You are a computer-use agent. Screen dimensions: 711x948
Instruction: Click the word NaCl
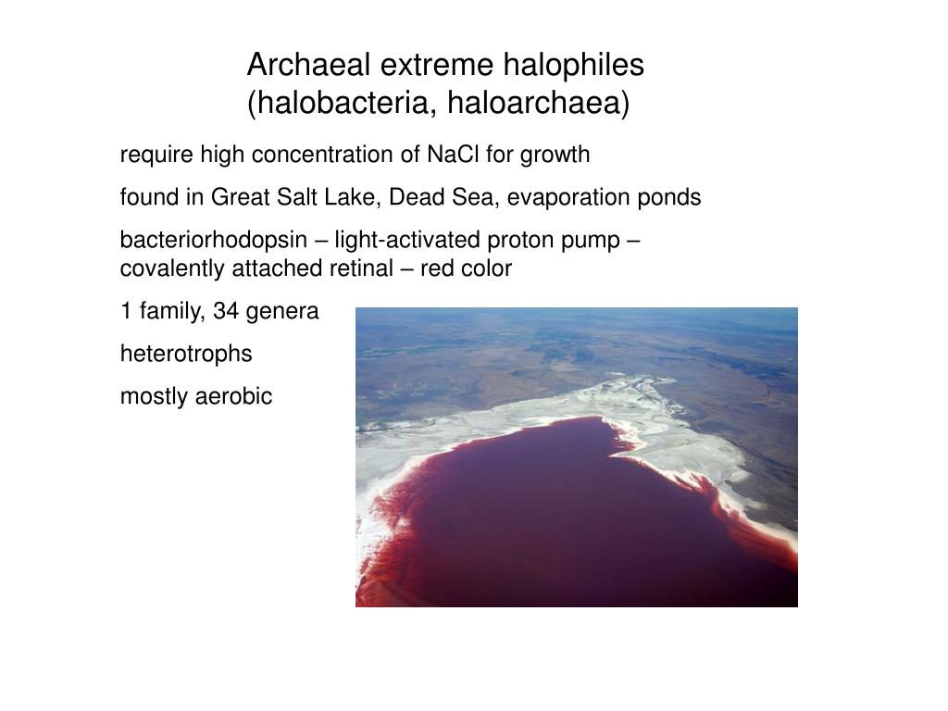click(450, 155)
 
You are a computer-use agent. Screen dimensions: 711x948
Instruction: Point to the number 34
click(226, 312)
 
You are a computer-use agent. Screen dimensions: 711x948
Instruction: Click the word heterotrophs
click(186, 354)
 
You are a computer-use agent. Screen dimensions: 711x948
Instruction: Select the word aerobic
click(234, 397)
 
